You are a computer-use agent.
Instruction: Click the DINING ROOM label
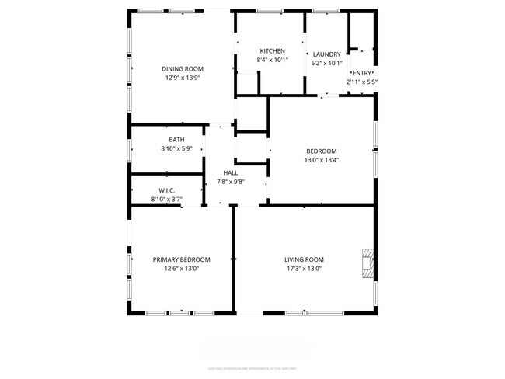click(x=182, y=68)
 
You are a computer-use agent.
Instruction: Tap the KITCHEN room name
click(x=272, y=50)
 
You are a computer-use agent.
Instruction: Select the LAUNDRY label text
click(x=326, y=54)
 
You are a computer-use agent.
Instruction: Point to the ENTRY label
click(x=362, y=72)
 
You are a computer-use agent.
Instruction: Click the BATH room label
click(x=166, y=140)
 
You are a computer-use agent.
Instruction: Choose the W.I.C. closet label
click(x=166, y=190)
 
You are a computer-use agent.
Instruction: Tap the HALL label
click(x=231, y=173)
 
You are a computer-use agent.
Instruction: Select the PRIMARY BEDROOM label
click(x=182, y=259)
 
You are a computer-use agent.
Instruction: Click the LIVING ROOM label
click(x=304, y=259)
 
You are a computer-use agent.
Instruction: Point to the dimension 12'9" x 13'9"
click(x=182, y=78)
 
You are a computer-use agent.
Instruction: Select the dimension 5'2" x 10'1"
click(x=326, y=64)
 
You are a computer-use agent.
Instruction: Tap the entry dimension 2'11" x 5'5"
click(x=362, y=82)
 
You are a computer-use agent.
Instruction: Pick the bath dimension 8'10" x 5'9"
click(x=166, y=149)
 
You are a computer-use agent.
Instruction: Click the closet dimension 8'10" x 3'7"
click(x=166, y=200)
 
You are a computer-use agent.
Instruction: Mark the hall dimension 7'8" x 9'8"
click(x=231, y=183)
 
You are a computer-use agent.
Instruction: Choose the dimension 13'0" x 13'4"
click(x=321, y=160)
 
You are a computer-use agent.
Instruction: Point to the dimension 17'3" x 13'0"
click(x=304, y=269)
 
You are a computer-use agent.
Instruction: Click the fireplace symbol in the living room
click(x=367, y=263)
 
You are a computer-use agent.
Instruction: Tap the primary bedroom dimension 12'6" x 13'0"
click(x=182, y=269)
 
